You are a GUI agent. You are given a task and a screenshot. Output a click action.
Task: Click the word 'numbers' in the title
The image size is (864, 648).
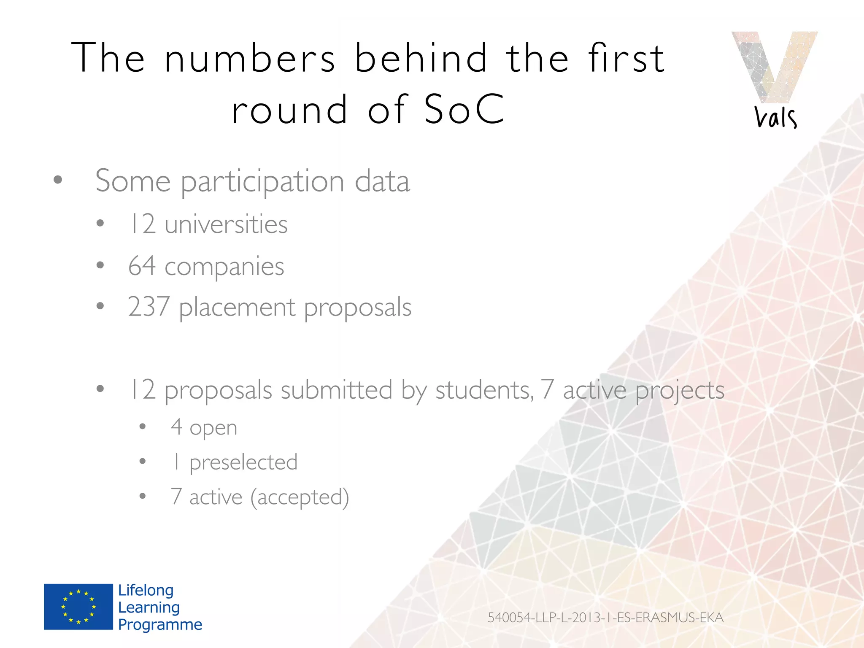(x=250, y=58)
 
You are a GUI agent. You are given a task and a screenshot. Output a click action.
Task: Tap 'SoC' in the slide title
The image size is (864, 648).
(x=464, y=110)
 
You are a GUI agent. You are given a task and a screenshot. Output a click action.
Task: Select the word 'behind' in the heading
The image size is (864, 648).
(x=421, y=58)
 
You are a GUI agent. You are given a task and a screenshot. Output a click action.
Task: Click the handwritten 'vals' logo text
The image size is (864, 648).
(x=775, y=117)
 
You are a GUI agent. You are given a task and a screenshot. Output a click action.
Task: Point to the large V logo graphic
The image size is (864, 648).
(x=775, y=65)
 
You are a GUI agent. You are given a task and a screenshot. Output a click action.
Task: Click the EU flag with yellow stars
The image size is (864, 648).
(x=78, y=607)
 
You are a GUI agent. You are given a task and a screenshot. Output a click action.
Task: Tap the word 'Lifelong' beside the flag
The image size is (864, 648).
(x=146, y=590)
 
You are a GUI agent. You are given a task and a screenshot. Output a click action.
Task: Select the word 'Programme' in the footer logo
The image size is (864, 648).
(x=160, y=624)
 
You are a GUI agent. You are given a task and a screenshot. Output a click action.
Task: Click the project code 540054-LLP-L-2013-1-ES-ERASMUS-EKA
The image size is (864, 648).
(x=605, y=618)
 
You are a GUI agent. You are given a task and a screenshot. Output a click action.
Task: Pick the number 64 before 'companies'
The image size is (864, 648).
(x=142, y=266)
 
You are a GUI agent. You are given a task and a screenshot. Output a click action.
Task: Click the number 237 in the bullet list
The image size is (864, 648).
(x=149, y=307)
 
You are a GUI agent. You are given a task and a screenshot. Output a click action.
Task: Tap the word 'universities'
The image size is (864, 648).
(x=226, y=224)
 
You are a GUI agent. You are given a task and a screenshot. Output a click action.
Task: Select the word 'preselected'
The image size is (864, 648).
(x=243, y=462)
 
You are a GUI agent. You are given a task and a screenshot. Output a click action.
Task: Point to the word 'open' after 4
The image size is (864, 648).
(x=213, y=428)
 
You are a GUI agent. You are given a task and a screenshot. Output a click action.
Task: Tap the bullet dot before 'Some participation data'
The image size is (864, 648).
(x=58, y=180)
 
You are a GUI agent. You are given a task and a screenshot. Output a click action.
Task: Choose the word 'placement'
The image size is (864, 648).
(x=237, y=308)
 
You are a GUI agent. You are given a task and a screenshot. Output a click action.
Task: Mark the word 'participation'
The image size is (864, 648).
(x=263, y=182)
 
